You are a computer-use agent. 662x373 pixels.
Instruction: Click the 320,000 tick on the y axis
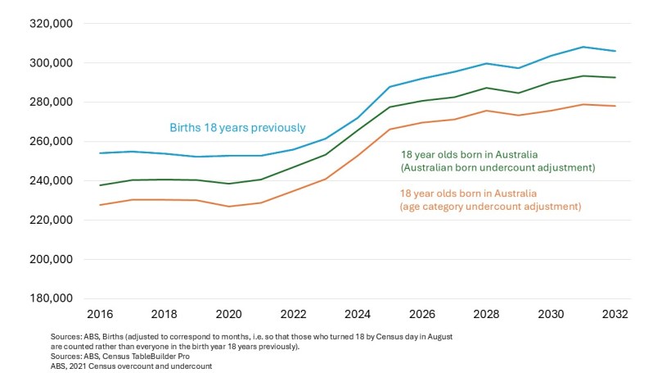52,24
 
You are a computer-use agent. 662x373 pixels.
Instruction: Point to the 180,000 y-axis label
52,298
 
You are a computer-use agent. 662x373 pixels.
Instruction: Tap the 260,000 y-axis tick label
52,141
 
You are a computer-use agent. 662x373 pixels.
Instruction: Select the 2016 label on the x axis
100,314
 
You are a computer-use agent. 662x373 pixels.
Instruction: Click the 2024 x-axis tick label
358,314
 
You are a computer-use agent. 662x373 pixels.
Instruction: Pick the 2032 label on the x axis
615,314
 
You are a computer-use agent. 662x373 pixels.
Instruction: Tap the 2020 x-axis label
228,314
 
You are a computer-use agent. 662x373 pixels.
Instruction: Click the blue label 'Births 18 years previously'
237,128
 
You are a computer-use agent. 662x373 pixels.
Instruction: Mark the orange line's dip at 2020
229,206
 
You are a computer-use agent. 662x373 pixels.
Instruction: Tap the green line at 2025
390,107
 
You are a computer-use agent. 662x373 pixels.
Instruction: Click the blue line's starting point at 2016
100,153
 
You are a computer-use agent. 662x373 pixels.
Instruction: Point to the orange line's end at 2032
615,106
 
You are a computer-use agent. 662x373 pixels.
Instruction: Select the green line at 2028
487,88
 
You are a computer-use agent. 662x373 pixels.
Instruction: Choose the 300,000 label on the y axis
52,63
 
